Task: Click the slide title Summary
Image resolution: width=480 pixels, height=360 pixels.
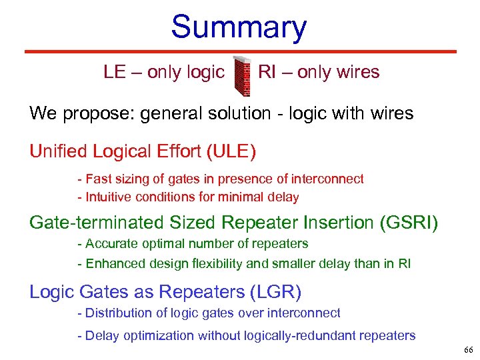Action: [239, 27]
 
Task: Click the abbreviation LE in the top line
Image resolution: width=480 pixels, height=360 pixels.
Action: [115, 72]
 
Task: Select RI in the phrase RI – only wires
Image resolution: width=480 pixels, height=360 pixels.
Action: [267, 72]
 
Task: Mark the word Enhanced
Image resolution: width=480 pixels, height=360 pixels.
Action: [110, 263]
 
